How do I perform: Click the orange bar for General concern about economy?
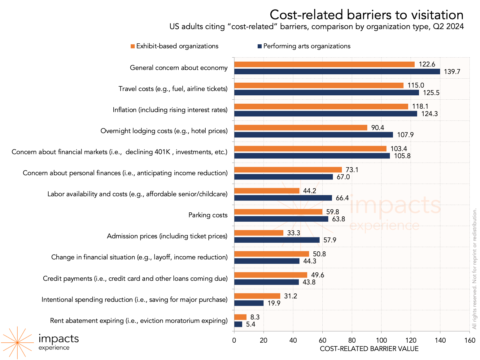324,64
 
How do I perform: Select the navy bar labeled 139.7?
337,72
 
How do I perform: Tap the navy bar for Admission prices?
277,240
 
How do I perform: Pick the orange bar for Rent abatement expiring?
240,317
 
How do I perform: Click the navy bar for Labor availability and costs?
283,198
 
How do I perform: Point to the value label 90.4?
377,128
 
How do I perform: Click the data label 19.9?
274,303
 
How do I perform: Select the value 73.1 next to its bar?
352,170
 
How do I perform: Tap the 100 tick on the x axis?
381,340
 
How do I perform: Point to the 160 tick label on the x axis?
470,340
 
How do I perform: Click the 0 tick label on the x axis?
234,340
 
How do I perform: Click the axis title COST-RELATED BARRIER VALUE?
369,349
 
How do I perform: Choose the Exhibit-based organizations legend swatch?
133,46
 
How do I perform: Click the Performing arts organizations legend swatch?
260,46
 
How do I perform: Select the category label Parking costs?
208,215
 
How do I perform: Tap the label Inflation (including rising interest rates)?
170,110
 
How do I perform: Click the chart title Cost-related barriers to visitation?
366,15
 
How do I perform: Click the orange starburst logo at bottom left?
17,342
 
